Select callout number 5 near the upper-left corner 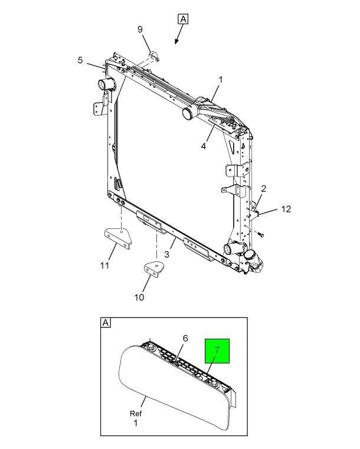[80, 60]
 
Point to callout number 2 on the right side [263, 189]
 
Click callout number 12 [286, 209]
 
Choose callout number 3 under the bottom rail [167, 254]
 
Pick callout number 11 [104, 266]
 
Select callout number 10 [139, 297]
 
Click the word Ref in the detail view [136, 414]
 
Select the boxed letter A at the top [183, 19]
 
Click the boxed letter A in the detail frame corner [106, 323]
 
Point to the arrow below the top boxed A [178, 41]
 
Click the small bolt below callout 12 [260, 234]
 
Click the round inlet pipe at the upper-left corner [106, 84]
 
